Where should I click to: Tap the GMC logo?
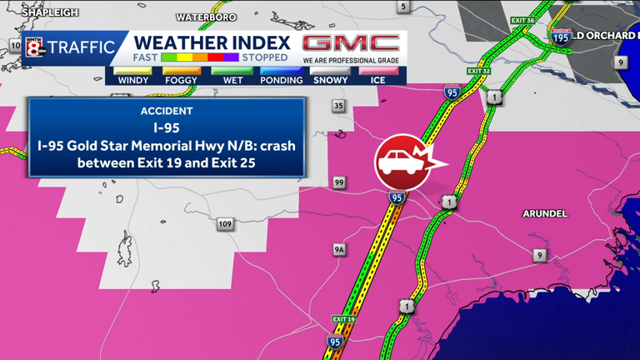coord(350,43)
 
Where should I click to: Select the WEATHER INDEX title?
coord(212,42)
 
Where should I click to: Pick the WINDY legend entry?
coord(133,80)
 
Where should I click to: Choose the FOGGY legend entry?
coord(182,80)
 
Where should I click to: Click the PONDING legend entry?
coord(281,80)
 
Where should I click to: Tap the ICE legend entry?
coord(378,80)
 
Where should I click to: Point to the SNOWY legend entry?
coord(330,80)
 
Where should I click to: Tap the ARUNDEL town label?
coord(545,214)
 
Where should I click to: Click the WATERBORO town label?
coord(206,17)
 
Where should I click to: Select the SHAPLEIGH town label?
coord(50,12)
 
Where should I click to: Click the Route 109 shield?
coord(225,224)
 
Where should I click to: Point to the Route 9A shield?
coord(339,249)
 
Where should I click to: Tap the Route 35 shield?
coord(338,106)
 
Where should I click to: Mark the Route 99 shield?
coord(339,182)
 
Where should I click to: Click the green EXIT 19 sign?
coord(343,319)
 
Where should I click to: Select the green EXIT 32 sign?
coord(478,72)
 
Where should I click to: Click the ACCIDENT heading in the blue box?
coord(167,111)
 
